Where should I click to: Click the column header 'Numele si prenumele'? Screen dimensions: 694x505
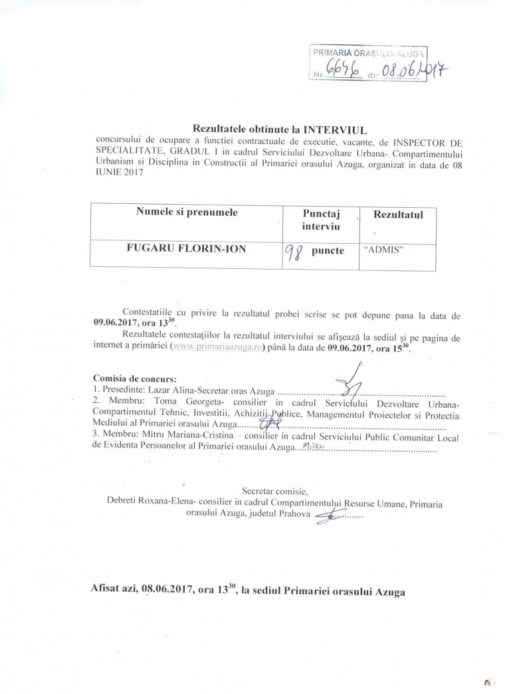pyautogui.click(x=187, y=213)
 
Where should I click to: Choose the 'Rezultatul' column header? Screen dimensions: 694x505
pyautogui.click(x=398, y=215)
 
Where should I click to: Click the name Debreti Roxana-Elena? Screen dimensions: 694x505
pyautogui.click(x=155, y=504)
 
